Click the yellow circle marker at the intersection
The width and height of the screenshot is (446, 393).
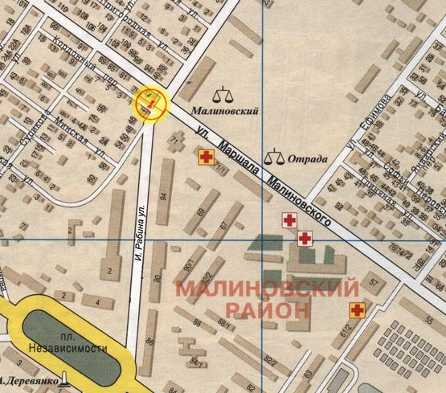151,101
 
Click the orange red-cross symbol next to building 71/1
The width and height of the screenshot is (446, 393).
207,157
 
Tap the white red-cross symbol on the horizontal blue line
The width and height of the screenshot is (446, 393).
305,238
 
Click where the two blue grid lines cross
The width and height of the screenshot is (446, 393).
263,239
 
